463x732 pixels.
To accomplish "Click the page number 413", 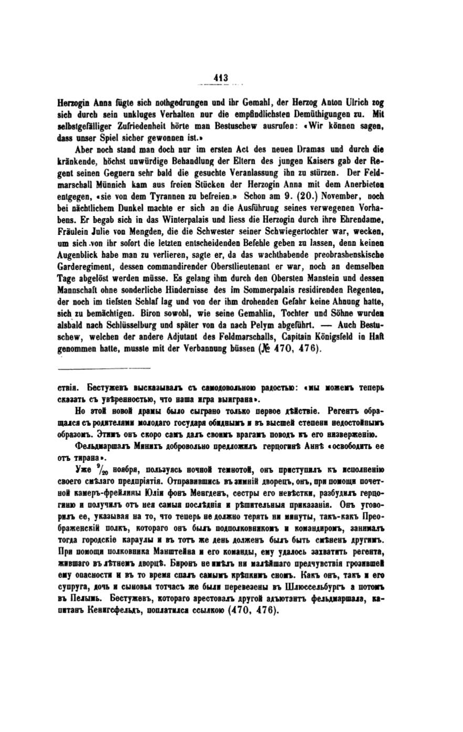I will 221,78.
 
